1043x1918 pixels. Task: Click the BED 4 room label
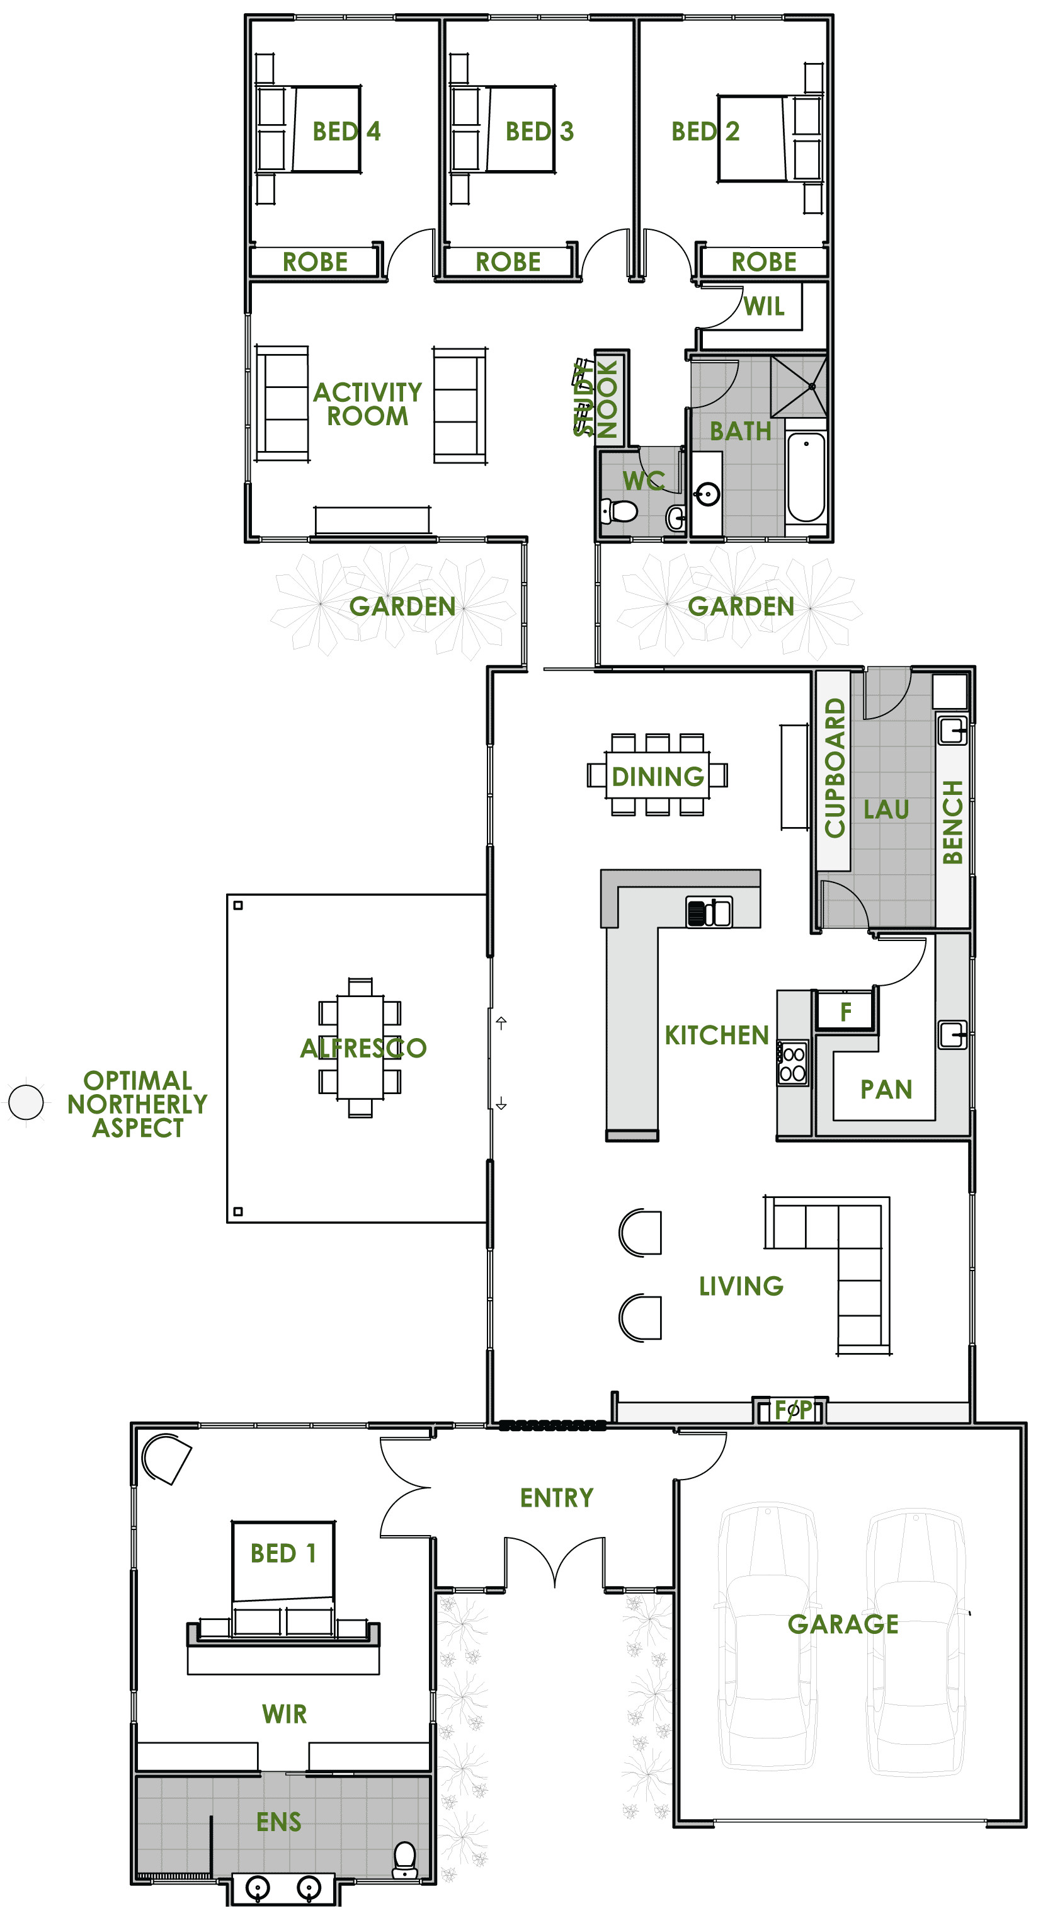coord(346,131)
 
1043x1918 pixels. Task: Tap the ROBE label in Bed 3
coord(508,262)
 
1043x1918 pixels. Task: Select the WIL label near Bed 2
coord(764,306)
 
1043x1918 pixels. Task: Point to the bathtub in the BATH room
coord(806,477)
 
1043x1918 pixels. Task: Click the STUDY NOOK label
coord(596,398)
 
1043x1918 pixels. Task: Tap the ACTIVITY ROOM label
coord(368,404)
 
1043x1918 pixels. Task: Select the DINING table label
coord(658,777)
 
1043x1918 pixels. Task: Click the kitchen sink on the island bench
coord(709,911)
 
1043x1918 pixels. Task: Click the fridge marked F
coord(845,1012)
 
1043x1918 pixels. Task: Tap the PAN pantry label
coord(886,1089)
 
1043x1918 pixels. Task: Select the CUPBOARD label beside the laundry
coord(835,768)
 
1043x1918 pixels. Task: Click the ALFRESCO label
coord(363,1047)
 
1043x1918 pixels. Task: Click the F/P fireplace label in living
coord(793,1410)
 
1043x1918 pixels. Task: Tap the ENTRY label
coord(556,1497)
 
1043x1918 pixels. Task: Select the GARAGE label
coord(843,1624)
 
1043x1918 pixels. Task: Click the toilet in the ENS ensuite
coord(404,1859)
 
